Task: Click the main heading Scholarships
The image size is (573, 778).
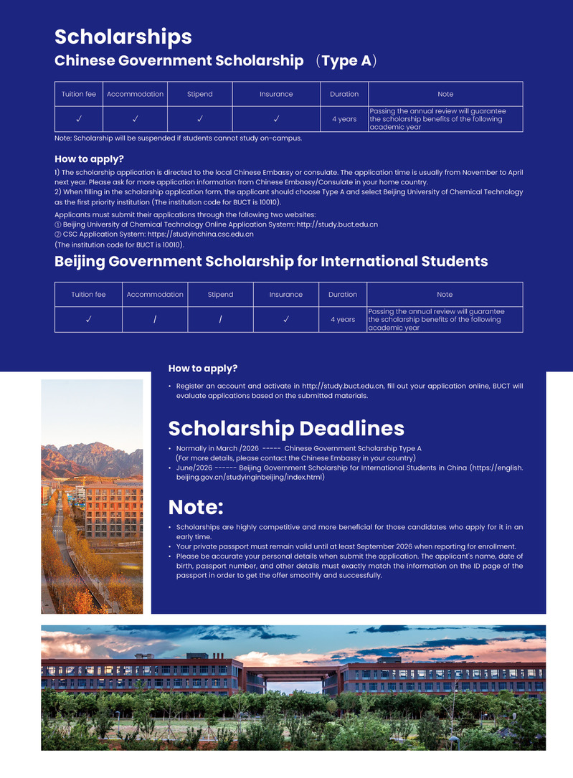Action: (123, 37)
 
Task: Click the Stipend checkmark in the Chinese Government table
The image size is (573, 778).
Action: (200, 119)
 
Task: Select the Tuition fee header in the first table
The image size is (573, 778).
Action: (79, 94)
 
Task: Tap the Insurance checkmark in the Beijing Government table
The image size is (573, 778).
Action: (286, 319)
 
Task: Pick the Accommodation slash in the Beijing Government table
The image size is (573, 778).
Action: (155, 319)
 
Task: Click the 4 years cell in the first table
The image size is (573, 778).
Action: (344, 119)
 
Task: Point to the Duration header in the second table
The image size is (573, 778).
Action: (343, 295)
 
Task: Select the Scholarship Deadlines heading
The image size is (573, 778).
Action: (286, 428)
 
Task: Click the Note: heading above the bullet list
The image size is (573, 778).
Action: (196, 507)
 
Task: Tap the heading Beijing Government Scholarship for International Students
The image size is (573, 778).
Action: (271, 261)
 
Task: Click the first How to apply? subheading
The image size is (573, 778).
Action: (89, 159)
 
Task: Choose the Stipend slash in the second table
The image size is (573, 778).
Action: (220, 319)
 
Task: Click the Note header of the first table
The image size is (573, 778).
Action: (445, 94)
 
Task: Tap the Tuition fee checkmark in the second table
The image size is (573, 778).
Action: (88, 319)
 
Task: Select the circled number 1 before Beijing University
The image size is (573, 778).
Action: (58, 224)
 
